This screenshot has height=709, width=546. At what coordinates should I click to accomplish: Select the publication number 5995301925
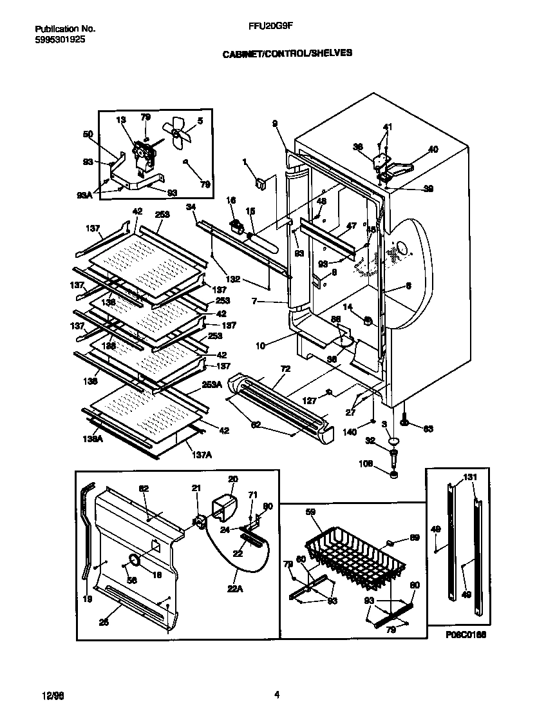[x=59, y=39]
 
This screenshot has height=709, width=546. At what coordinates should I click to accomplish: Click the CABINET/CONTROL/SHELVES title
[x=287, y=54]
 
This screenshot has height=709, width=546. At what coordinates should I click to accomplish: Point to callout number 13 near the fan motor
[x=120, y=119]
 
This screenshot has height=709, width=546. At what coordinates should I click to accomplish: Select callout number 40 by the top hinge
[x=433, y=150]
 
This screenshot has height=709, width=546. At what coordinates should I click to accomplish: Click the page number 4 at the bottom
[x=277, y=694]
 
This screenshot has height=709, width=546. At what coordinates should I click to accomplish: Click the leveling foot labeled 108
[x=394, y=475]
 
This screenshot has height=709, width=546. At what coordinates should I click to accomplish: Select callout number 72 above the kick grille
[x=285, y=369]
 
